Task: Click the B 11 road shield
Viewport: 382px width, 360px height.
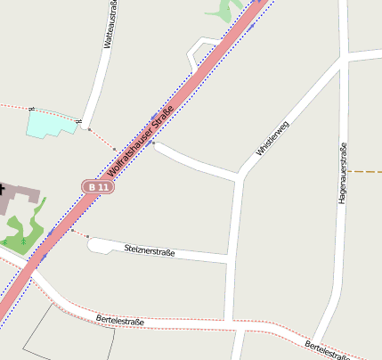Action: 98,187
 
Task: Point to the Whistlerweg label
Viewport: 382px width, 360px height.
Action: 272,139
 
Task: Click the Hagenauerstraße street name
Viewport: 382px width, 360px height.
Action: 342,174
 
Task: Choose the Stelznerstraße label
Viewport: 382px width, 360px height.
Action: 150,250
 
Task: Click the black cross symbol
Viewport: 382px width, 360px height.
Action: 2,189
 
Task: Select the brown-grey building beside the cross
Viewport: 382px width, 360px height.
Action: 21,197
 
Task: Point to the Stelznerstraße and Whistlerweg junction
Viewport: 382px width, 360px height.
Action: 232,258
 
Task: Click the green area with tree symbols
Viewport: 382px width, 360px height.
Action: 24,233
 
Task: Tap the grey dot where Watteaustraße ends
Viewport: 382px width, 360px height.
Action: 89,129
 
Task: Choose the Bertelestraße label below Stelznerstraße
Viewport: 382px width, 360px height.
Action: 119,320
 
